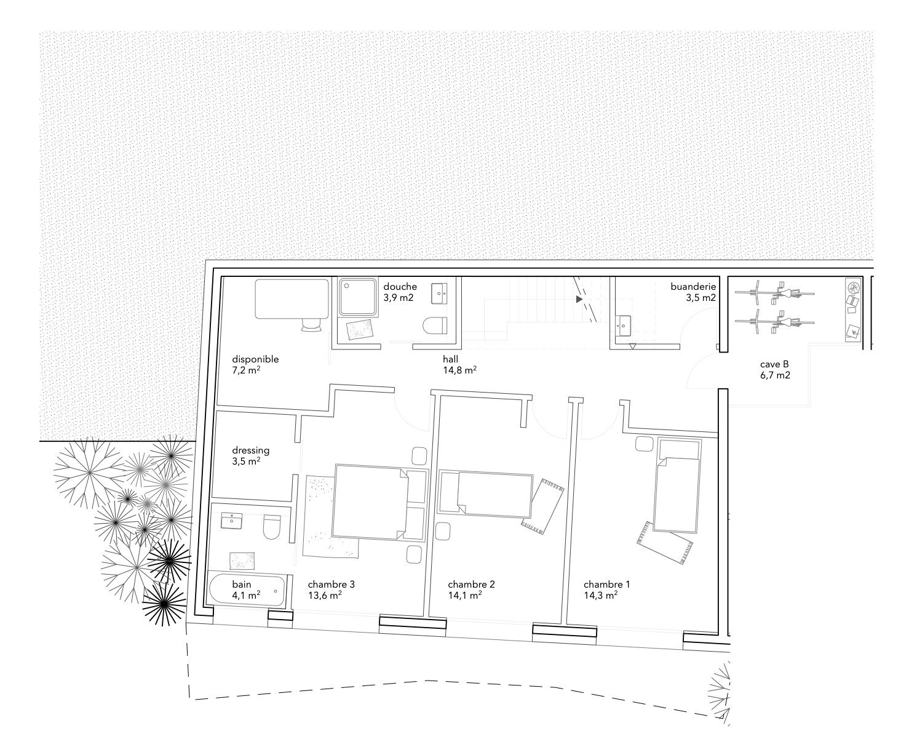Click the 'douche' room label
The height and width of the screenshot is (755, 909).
(x=400, y=287)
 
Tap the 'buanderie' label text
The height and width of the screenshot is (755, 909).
(x=693, y=287)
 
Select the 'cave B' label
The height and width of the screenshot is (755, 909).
(x=774, y=364)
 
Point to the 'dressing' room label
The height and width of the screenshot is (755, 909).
(x=250, y=450)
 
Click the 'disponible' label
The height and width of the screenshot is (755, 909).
(x=255, y=359)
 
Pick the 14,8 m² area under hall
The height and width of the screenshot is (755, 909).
(x=459, y=370)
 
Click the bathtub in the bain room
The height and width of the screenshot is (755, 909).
(x=247, y=589)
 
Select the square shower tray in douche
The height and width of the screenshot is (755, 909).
(x=358, y=297)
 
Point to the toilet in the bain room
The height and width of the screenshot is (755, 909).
(x=272, y=527)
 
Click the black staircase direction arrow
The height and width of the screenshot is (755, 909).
(x=579, y=299)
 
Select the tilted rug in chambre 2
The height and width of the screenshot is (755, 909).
(x=542, y=506)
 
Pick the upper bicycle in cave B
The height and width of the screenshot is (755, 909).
(x=774, y=293)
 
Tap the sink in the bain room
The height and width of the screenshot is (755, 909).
(x=232, y=521)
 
